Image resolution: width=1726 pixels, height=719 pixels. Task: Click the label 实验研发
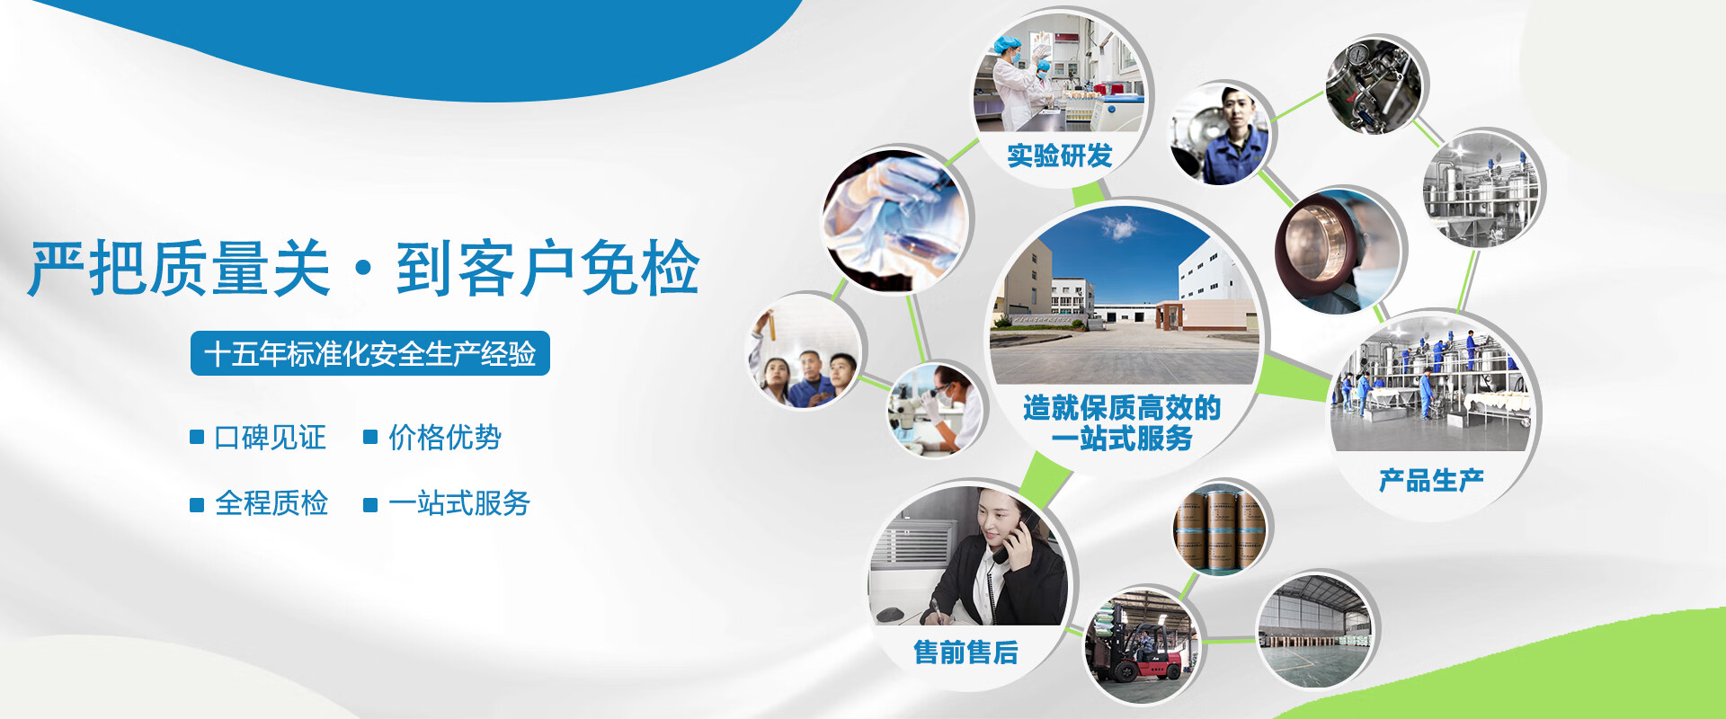pos(1059,155)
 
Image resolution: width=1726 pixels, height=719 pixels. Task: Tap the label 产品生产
pos(1431,480)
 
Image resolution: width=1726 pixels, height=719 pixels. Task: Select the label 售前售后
pos(965,652)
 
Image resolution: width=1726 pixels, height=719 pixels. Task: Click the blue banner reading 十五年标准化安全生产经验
pos(370,353)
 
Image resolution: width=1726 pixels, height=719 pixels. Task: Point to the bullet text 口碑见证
pos(270,438)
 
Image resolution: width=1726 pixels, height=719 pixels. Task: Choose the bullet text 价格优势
pos(444,438)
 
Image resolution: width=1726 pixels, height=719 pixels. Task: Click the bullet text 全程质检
pos(271,503)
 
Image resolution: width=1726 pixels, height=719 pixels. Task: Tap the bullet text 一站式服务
pos(458,503)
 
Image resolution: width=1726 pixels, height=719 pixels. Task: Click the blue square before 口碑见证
pos(197,438)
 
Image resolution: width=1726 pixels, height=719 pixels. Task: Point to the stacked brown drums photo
pos(1221,529)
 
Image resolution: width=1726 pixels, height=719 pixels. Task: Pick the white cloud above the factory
pos(1119,227)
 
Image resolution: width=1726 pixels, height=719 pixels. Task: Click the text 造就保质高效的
pos(1121,407)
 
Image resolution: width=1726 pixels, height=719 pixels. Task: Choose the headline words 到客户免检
pos(547,269)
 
